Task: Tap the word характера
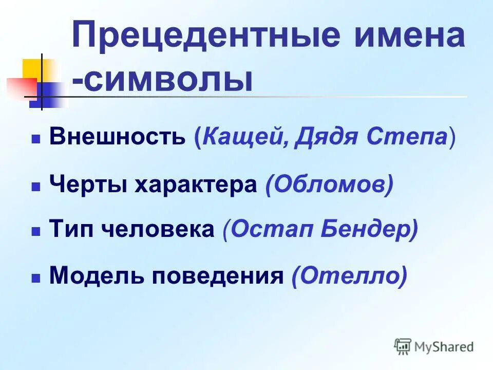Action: click(195, 184)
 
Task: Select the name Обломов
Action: click(329, 184)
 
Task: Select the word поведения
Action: click(217, 276)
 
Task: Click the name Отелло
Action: click(349, 276)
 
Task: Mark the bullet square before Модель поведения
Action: click(35, 278)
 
